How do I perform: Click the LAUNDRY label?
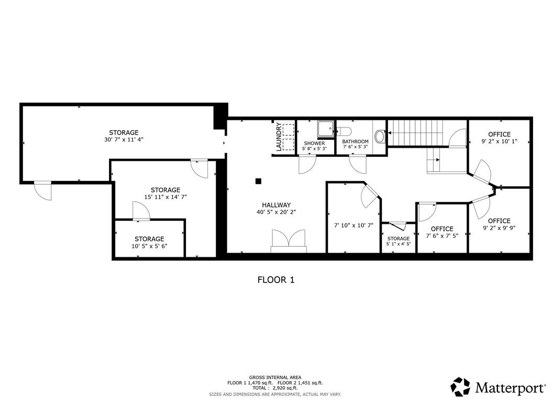tap(279, 137)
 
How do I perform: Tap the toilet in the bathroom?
tap(344, 132)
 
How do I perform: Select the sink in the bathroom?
tap(380, 136)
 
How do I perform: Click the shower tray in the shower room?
tap(326, 129)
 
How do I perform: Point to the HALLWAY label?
tap(277, 205)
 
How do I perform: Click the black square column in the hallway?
tap(258, 181)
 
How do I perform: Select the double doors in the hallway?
tap(289, 239)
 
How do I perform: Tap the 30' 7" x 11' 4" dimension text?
tap(124, 139)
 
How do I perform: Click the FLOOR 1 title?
tap(276, 280)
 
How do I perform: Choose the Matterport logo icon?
tap(460, 387)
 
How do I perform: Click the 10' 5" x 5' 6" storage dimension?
tap(149, 246)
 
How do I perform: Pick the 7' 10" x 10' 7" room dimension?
tap(354, 225)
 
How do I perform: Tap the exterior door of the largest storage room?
tap(42, 191)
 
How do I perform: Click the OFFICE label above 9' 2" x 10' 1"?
tap(499, 134)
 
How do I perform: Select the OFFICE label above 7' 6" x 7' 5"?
tap(442, 228)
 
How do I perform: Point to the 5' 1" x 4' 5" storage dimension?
tap(399, 244)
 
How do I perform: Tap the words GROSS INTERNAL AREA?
tap(275, 377)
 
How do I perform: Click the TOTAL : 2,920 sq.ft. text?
tap(275, 388)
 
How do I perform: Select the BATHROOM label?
tap(355, 141)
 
